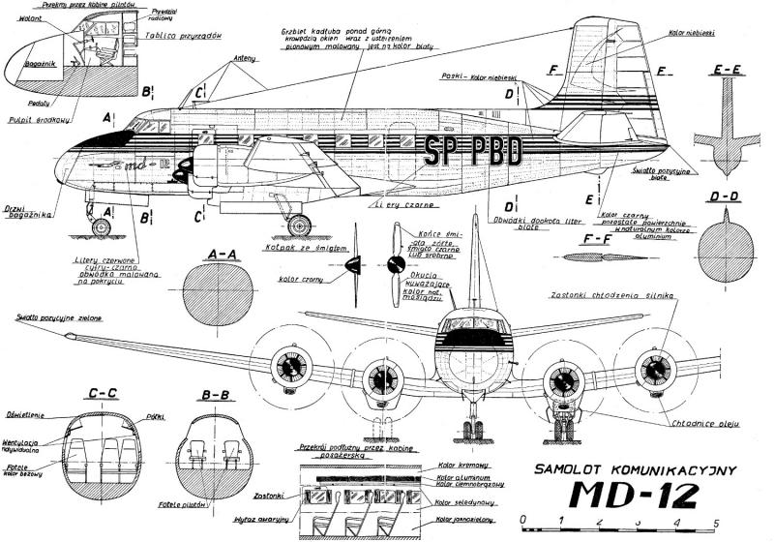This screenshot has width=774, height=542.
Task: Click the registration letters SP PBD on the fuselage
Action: tap(473, 151)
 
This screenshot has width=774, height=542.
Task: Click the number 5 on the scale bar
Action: tap(714, 524)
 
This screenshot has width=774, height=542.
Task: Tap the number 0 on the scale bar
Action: tap(523, 524)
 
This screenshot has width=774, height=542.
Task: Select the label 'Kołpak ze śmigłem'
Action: tap(300, 247)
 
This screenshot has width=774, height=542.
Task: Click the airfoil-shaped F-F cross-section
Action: tap(603, 257)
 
